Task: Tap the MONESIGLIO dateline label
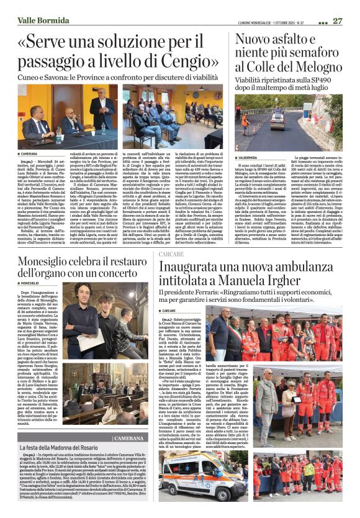pos(35,283)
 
